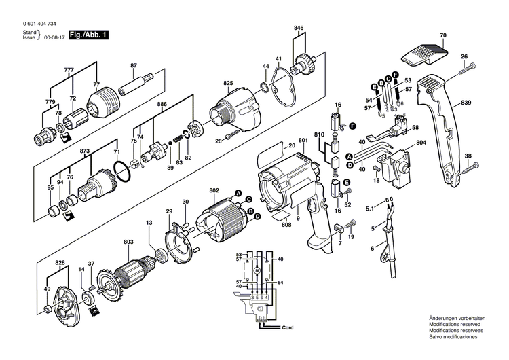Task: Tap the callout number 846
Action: (299, 28)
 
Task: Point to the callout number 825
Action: (227, 84)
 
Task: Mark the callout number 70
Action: (442, 35)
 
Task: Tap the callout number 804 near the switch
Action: (421, 143)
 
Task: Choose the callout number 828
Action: (60, 262)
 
